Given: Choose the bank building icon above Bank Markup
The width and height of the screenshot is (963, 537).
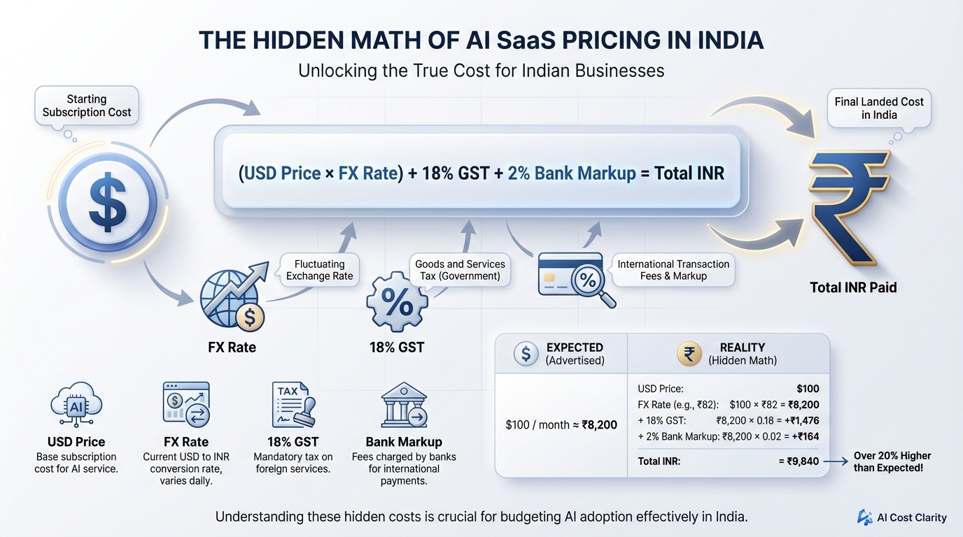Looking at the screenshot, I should click(404, 406).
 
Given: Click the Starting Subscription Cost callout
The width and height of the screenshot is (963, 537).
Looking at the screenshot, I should click(87, 106).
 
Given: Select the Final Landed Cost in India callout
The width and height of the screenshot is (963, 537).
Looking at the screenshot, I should click(879, 108).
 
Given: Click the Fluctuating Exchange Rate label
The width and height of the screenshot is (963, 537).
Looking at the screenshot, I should click(319, 270).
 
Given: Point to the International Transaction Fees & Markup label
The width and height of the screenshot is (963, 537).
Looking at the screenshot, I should click(673, 270).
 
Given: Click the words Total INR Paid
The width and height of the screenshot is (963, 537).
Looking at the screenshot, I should click(853, 287).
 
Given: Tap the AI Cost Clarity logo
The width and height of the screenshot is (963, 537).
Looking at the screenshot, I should click(902, 517).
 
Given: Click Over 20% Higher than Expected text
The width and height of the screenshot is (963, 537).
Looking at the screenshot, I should click(892, 461).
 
